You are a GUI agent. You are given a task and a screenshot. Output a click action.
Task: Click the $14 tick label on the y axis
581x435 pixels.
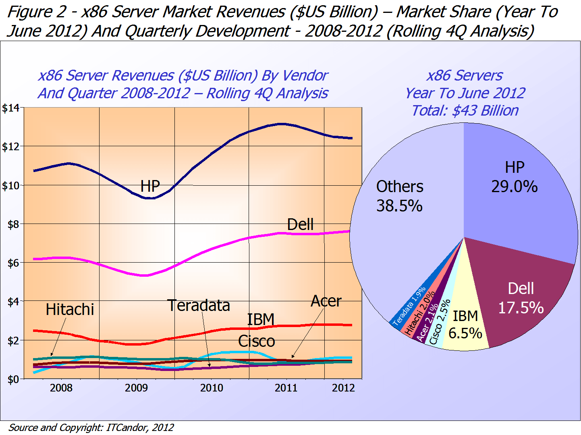tap(11, 108)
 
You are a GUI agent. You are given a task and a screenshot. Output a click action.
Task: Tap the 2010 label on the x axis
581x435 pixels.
tap(212, 388)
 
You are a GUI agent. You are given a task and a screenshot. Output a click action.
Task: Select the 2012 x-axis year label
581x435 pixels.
tap(343, 388)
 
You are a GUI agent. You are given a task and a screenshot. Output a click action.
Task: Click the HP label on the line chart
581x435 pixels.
tap(150, 186)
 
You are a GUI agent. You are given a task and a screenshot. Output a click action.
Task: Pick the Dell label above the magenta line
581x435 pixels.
tap(300, 224)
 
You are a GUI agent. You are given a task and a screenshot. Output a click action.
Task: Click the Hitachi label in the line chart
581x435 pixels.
tap(70, 309)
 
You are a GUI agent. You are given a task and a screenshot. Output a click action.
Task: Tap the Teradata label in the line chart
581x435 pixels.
tap(199, 305)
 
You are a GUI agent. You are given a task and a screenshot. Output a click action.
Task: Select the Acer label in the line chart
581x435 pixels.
tap(326, 301)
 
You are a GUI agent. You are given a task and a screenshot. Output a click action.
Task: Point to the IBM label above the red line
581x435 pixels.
tap(261, 319)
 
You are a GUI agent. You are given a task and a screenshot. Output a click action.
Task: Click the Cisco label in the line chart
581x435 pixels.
tap(256, 341)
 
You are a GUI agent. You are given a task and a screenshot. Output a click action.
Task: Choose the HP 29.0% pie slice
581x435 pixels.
tap(520, 201)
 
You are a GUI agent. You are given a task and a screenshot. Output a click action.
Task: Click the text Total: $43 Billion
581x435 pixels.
tap(465, 110)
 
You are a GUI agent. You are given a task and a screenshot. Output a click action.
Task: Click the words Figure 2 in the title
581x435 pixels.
tap(36, 12)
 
